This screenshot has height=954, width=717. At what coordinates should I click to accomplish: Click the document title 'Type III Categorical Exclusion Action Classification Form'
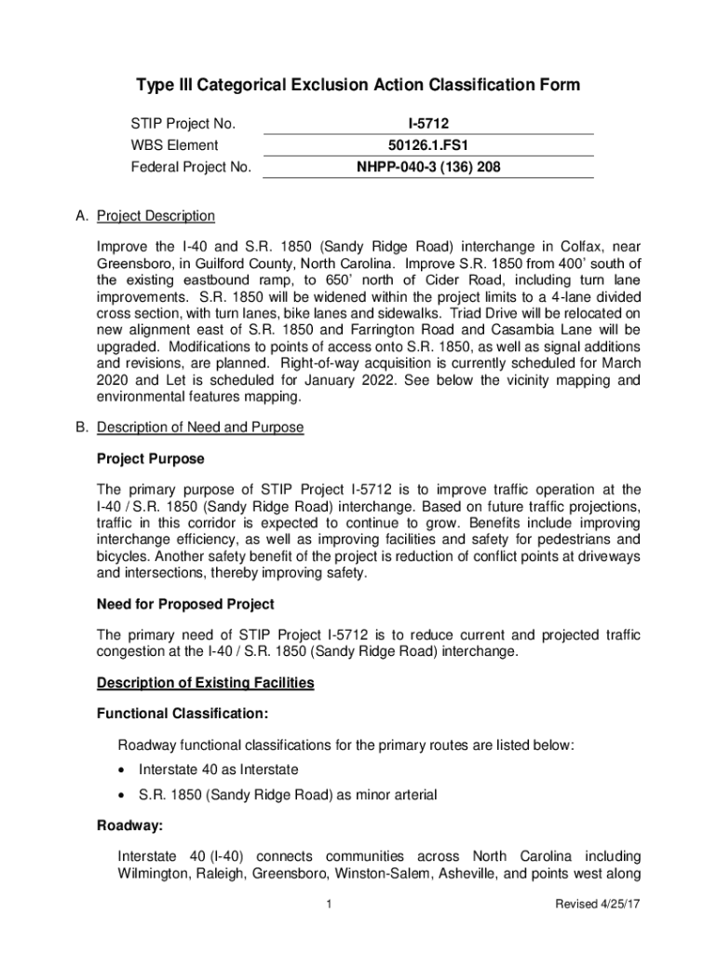358,86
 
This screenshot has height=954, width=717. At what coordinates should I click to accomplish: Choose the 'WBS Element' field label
174,145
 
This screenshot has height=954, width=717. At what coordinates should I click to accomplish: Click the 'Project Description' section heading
156,216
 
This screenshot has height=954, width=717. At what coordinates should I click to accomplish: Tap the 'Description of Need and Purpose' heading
200,428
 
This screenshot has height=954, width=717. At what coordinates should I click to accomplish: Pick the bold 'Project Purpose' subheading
150,459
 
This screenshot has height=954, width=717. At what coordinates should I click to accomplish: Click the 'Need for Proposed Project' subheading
185,605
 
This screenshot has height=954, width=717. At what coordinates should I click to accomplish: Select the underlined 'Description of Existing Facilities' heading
205,683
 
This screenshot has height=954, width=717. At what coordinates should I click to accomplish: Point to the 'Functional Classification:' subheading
183,714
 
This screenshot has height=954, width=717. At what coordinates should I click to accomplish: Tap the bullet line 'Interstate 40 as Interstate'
218,770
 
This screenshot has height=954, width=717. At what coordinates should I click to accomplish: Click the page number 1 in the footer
330,905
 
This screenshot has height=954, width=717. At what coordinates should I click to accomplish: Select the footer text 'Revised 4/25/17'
590,905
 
